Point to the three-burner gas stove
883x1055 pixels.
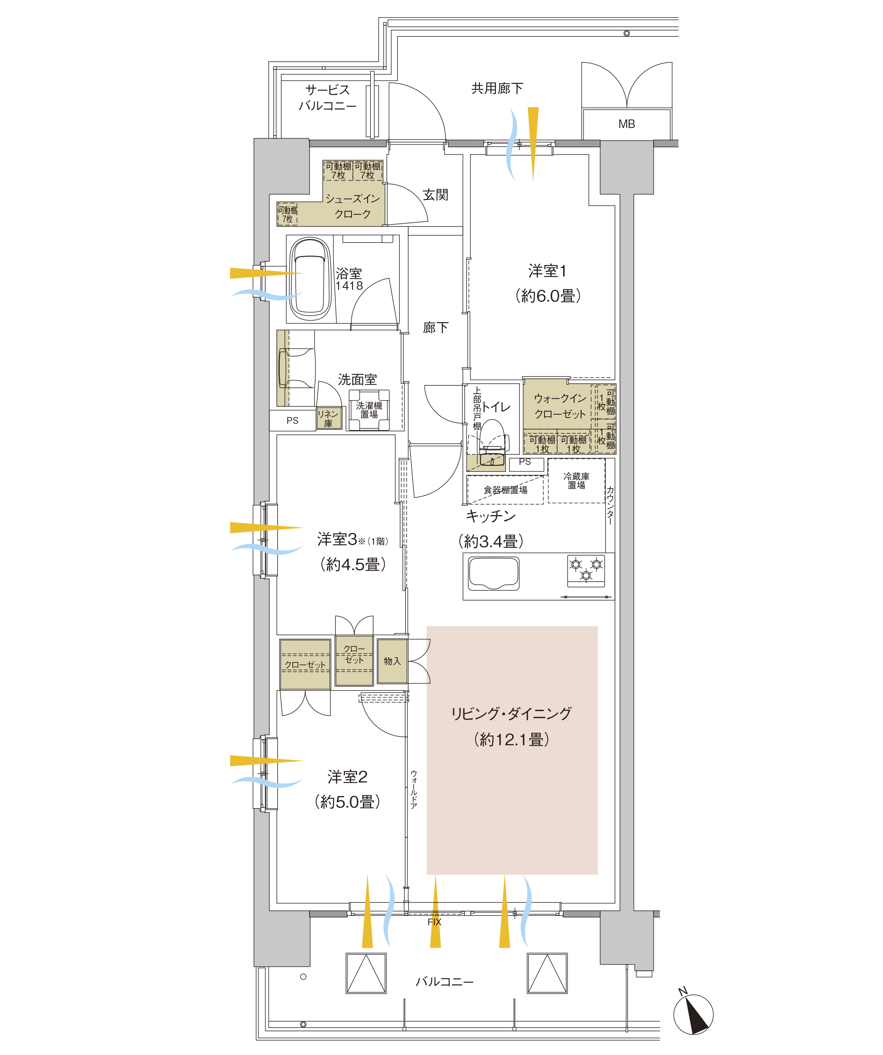[x=586, y=570]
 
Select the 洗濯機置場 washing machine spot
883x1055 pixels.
[x=369, y=410]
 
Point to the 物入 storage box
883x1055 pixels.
[x=392, y=661]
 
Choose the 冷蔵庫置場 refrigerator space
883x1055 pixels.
[x=577, y=481]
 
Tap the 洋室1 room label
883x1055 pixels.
[x=547, y=271]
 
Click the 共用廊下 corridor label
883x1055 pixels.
[x=497, y=88]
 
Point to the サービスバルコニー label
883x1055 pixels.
[x=327, y=97]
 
